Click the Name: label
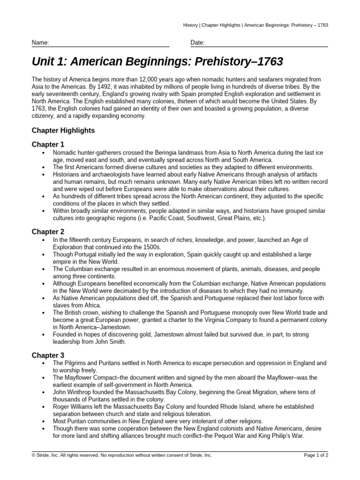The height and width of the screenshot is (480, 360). tap(40, 43)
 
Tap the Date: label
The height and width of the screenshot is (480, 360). tap(197, 43)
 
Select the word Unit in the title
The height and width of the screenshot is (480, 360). tap(42, 61)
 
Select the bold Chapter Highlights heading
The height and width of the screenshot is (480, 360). tap(63, 130)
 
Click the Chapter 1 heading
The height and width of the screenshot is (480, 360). tap(48, 144)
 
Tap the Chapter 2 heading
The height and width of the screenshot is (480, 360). tap(48, 232)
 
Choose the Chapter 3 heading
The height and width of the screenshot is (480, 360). tap(48, 355)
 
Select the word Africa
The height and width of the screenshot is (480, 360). tap(90, 305)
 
